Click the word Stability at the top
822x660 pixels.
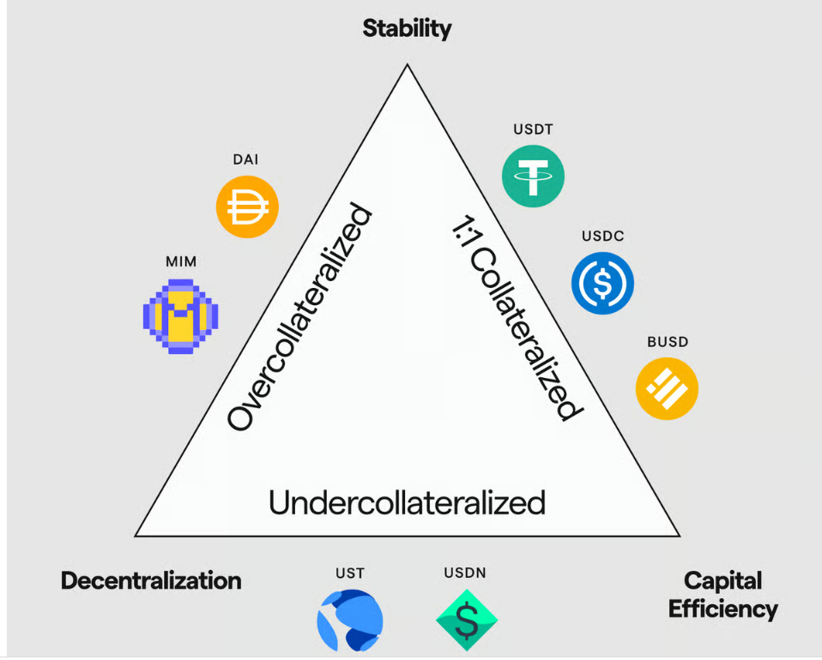[407, 28]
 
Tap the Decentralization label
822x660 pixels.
[151, 581]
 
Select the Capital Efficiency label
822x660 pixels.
[722, 595]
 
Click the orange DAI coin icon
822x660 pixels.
[246, 206]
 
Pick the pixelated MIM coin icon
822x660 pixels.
[180, 316]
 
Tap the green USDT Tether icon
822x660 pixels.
[533, 177]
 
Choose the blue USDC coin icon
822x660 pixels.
[602, 283]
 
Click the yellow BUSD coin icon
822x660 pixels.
[667, 389]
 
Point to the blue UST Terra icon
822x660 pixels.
[349, 620]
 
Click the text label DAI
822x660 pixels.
[245, 159]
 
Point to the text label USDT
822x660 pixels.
[533, 130]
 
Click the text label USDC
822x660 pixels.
[602, 237]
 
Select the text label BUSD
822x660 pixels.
[668, 342]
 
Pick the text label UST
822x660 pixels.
[350, 573]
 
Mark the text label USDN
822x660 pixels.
[465, 573]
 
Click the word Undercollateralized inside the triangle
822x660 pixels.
[407, 502]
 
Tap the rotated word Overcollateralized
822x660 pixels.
[300, 318]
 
